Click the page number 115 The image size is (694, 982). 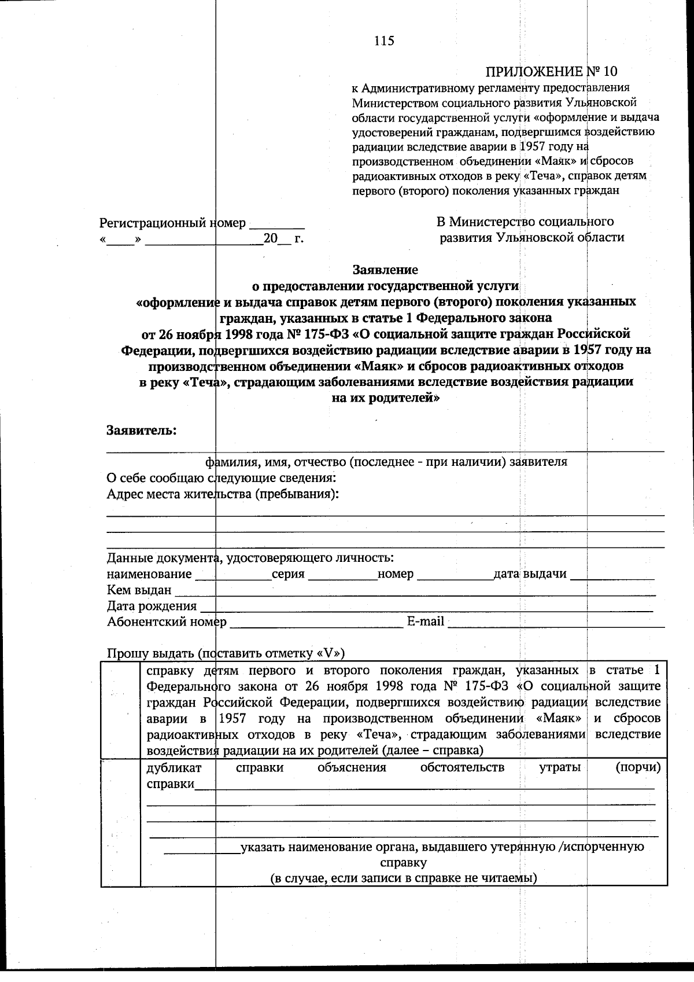click(x=384, y=41)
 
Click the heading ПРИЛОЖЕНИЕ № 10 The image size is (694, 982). click(x=551, y=71)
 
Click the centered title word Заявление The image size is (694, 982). click(x=385, y=270)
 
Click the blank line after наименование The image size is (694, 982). click(x=233, y=576)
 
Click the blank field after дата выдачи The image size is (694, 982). click(x=612, y=576)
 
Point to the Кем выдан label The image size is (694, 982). click(x=139, y=590)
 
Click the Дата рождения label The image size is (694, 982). click(x=152, y=606)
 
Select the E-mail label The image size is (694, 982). click(x=426, y=621)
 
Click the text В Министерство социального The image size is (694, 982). click(x=525, y=222)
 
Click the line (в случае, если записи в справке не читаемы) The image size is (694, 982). click(x=404, y=878)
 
